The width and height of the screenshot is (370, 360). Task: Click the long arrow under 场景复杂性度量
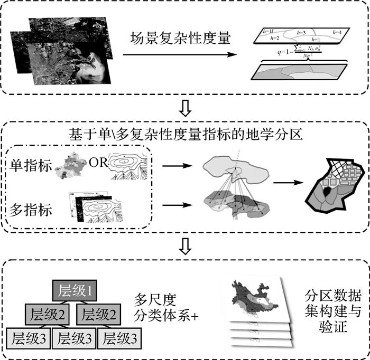(180, 54)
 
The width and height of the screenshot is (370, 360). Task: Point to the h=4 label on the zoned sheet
(337, 32)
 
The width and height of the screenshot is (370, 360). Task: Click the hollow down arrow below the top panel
(185, 108)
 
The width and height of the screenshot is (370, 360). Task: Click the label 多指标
(31, 210)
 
